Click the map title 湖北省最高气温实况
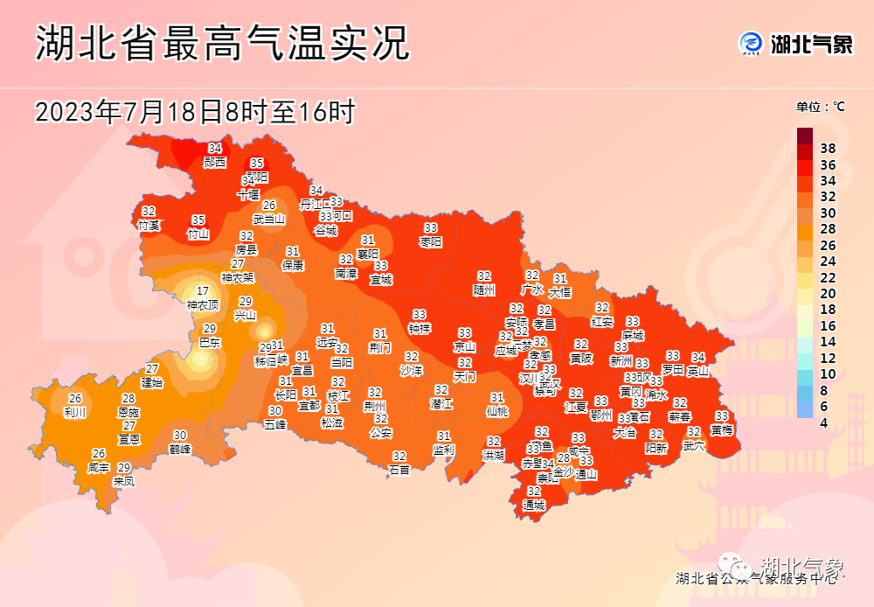pos(222,44)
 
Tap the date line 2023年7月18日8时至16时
pos(195,112)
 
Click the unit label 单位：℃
pos(820,107)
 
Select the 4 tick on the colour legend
pos(824,422)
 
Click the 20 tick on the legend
pos(828,293)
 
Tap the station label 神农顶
pos(202,305)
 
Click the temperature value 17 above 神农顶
pos(202,291)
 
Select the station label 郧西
pos(215,162)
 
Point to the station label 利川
pos(75,412)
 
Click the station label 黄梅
pos(722,429)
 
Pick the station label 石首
pos(399,470)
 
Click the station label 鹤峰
pos(180,449)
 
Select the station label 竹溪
pos(149,225)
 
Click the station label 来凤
pos(124,481)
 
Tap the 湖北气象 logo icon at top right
pos(752,43)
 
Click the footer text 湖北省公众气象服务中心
pos(757,577)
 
